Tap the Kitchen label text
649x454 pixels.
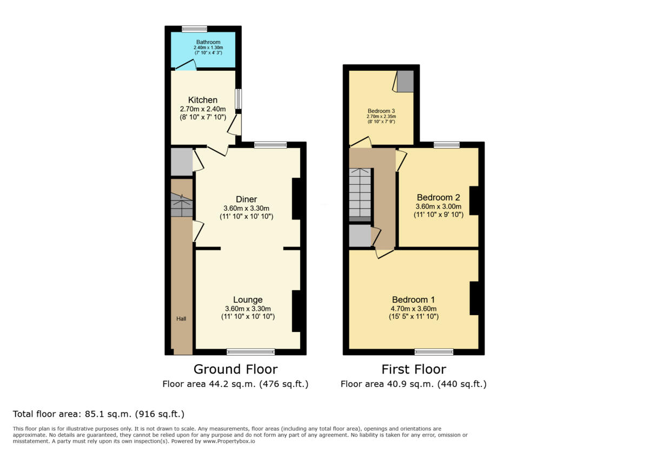[x=203, y=100]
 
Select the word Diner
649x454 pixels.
[x=246, y=199]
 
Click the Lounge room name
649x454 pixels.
[x=248, y=299]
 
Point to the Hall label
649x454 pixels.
[x=181, y=319]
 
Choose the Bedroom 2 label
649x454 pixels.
[x=438, y=197]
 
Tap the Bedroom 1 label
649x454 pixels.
[x=413, y=299]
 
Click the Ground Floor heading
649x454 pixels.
[x=235, y=369]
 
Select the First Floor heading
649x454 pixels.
[x=414, y=369]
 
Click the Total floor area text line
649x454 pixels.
[x=99, y=415]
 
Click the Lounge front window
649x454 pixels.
[x=250, y=352]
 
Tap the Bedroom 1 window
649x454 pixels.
[x=434, y=352]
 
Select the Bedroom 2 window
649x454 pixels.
[x=446, y=144]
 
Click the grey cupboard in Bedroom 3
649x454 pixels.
[x=405, y=81]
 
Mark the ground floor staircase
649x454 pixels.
[x=182, y=205]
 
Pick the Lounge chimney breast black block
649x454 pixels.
[x=296, y=311]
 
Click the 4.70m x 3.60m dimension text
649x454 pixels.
[x=414, y=309]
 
